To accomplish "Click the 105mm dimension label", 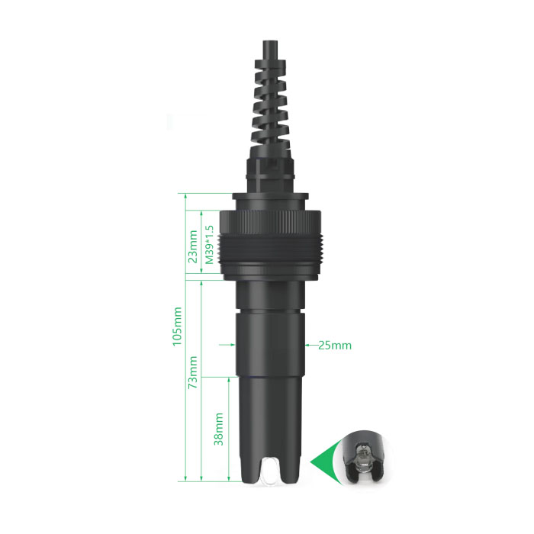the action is coord(177,327).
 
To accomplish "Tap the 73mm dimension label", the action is coord(193,372).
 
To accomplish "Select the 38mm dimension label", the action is coord(219,429).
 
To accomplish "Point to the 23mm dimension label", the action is coord(193,246).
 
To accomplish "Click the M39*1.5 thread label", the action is coord(210,245).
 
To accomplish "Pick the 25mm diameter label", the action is coord(335,346).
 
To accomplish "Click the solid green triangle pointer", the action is coord(323,462).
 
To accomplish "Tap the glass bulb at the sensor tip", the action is coord(272,471).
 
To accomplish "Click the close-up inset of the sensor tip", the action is coord(365,456).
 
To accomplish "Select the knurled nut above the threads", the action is coord(270,223).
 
